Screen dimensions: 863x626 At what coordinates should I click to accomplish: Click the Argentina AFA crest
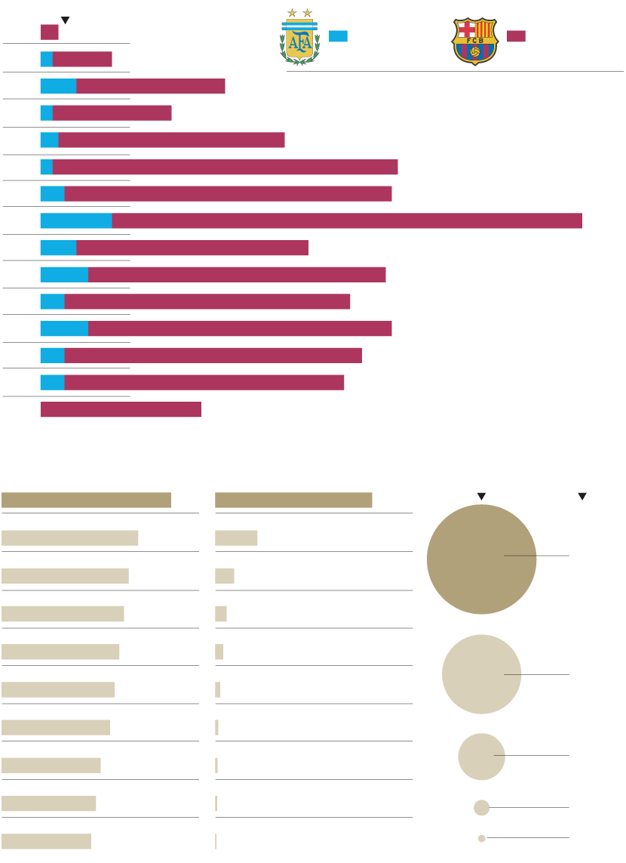299,41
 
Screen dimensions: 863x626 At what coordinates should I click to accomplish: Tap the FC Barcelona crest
474,42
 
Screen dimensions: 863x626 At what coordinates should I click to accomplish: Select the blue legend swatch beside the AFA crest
338,35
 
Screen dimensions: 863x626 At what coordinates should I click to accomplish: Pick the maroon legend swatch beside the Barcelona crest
516,35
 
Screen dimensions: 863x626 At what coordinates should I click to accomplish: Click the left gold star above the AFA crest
292,13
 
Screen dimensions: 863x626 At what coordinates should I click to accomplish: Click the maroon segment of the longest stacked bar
347,220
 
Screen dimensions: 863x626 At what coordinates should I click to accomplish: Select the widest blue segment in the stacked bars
76,220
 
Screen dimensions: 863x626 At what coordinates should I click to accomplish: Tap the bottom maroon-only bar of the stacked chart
121,409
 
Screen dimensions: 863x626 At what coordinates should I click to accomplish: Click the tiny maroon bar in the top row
49,32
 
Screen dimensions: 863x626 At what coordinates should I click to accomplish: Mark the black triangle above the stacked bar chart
65,20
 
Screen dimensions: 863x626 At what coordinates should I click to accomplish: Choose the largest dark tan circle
481,559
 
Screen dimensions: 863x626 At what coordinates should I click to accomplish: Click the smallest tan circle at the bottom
481,838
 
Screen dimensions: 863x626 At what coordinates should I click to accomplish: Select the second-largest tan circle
481,674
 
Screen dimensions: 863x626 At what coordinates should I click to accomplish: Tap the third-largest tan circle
481,757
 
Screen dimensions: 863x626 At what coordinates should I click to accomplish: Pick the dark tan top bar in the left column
86,500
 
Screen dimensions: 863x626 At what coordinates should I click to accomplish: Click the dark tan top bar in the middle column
293,500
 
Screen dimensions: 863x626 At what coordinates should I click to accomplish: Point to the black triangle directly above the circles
481,496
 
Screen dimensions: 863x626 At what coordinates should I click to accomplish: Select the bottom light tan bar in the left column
46,841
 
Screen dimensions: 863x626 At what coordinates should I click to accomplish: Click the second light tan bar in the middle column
224,576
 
